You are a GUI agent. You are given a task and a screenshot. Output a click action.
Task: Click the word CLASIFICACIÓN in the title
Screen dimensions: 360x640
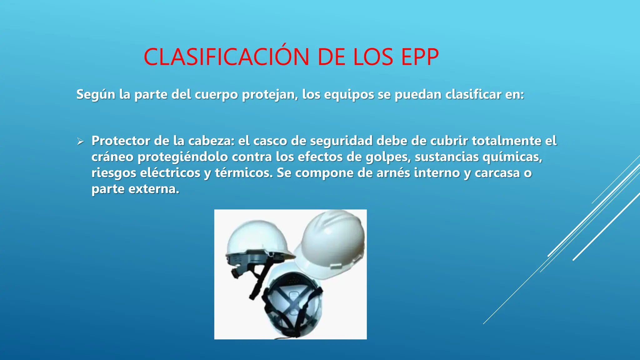226,57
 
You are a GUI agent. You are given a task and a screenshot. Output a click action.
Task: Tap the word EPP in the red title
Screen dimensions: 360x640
420,57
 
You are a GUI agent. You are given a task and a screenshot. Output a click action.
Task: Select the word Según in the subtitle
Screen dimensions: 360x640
96,94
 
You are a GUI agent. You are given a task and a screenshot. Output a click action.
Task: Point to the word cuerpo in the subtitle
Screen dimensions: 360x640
216,94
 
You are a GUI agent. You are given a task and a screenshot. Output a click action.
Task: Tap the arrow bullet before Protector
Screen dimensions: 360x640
80,142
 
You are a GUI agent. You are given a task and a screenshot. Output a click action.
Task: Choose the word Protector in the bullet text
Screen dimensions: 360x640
121,141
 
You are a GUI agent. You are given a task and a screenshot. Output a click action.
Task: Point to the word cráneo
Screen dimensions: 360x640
112,157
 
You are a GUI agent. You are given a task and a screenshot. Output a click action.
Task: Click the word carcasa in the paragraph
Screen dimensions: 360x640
497,173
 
